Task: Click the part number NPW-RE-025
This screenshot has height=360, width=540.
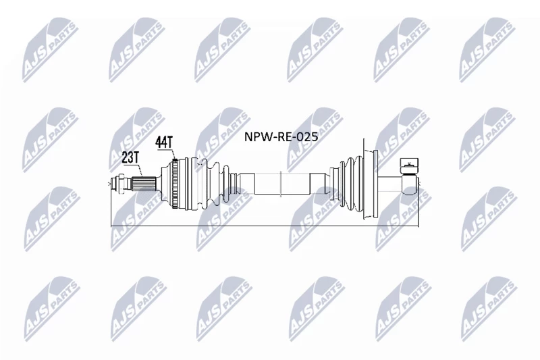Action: point(281,136)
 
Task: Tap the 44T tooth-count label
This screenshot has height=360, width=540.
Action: point(163,143)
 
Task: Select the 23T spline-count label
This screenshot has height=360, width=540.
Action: point(130,157)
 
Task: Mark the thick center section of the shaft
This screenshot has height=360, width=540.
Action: point(281,184)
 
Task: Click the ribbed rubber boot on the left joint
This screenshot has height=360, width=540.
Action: point(209,184)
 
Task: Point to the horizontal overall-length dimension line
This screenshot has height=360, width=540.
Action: point(265,226)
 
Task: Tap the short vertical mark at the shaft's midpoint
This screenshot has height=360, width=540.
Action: point(281,184)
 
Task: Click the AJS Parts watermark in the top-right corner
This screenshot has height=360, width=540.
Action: point(487,50)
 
